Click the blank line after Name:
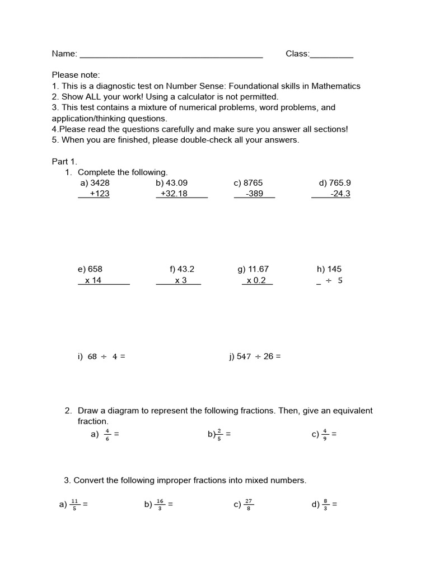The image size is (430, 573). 171,56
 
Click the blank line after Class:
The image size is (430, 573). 331,56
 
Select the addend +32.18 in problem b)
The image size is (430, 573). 174,194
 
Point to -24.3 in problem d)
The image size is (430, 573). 340,194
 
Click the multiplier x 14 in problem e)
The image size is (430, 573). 93,280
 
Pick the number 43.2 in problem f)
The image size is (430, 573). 186,269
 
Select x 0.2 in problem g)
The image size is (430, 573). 256,280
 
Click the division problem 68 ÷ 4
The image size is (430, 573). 102,356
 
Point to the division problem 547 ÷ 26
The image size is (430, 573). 255,356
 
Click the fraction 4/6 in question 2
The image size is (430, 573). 106,434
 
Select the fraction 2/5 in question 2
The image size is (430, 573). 219,434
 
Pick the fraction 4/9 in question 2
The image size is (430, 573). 325,434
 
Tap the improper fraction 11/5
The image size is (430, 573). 75,504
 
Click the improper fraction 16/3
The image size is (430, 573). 160,504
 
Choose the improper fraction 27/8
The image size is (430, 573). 249,504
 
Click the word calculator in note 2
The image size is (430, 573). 181,97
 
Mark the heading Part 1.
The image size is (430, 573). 64,162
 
